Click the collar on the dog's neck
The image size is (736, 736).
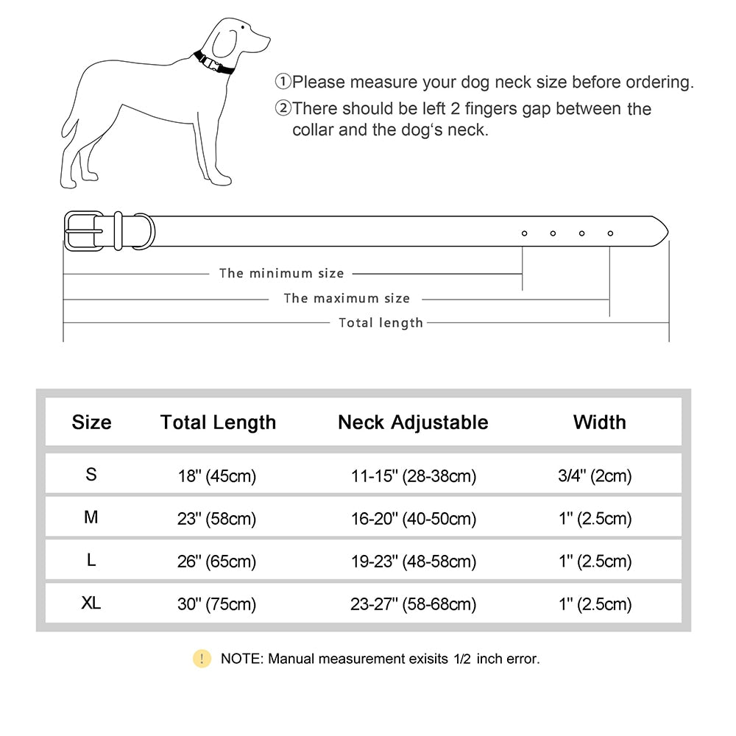pyautogui.click(x=213, y=63)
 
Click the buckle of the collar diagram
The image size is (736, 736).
pyautogui.click(x=85, y=231)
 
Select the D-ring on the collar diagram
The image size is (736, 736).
pyautogui.click(x=144, y=231)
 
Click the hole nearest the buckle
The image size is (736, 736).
pyautogui.click(x=524, y=233)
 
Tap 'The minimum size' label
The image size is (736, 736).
pyautogui.click(x=281, y=273)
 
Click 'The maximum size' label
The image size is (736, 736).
pyautogui.click(x=346, y=298)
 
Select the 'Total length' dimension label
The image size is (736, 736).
pyautogui.click(x=381, y=322)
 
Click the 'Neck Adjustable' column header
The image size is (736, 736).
pyautogui.click(x=413, y=422)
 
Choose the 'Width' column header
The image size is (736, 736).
pyautogui.click(x=599, y=422)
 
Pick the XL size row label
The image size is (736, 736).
pyautogui.click(x=91, y=604)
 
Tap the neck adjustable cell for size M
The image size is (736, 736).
pyautogui.click(x=413, y=519)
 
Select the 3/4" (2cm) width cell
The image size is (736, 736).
pyautogui.click(x=595, y=476)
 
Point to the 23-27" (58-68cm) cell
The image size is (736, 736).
pyautogui.click(x=413, y=605)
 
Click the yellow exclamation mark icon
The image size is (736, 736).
pyautogui.click(x=202, y=659)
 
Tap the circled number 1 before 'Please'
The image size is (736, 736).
pyautogui.click(x=283, y=82)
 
